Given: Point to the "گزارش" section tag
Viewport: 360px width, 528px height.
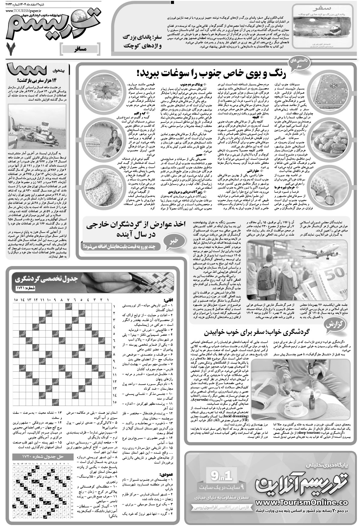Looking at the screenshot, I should pyautogui.click(x=339, y=325).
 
